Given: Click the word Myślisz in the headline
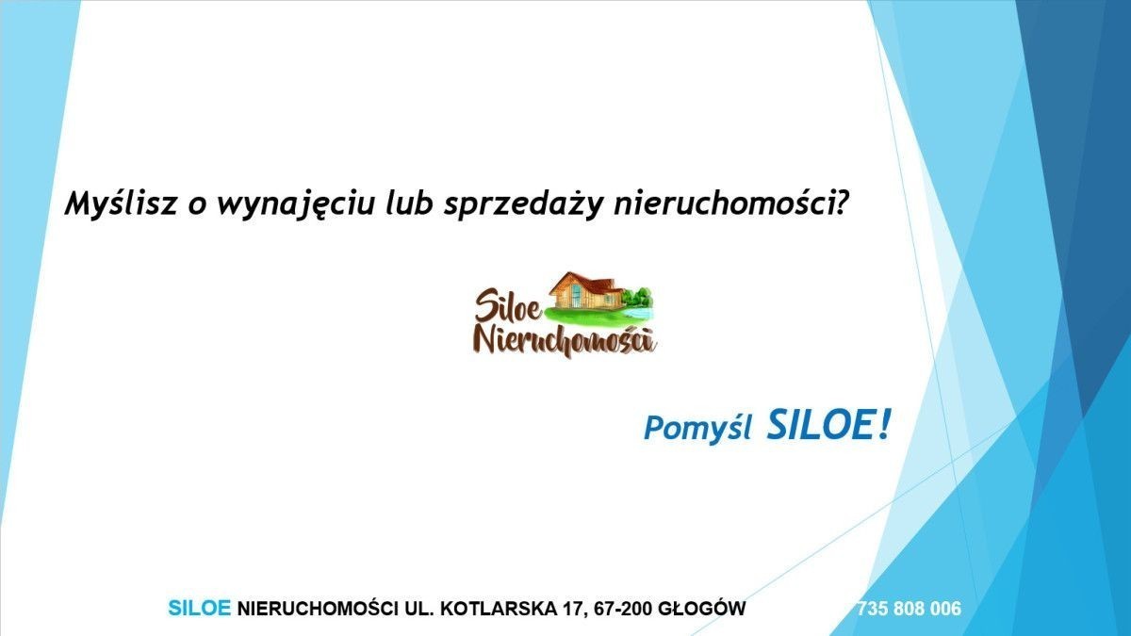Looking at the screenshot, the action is coord(121,204).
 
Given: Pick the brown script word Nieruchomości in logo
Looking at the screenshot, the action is coord(565,342).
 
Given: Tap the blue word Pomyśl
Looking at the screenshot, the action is coord(697,429).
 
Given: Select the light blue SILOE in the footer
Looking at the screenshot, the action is coord(200,609).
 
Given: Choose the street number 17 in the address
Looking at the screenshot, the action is coord(574,609).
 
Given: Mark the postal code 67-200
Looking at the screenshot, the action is coord(623,609).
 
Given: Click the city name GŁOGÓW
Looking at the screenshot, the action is coord(702,609).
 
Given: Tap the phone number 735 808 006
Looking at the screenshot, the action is coord(909,609).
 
